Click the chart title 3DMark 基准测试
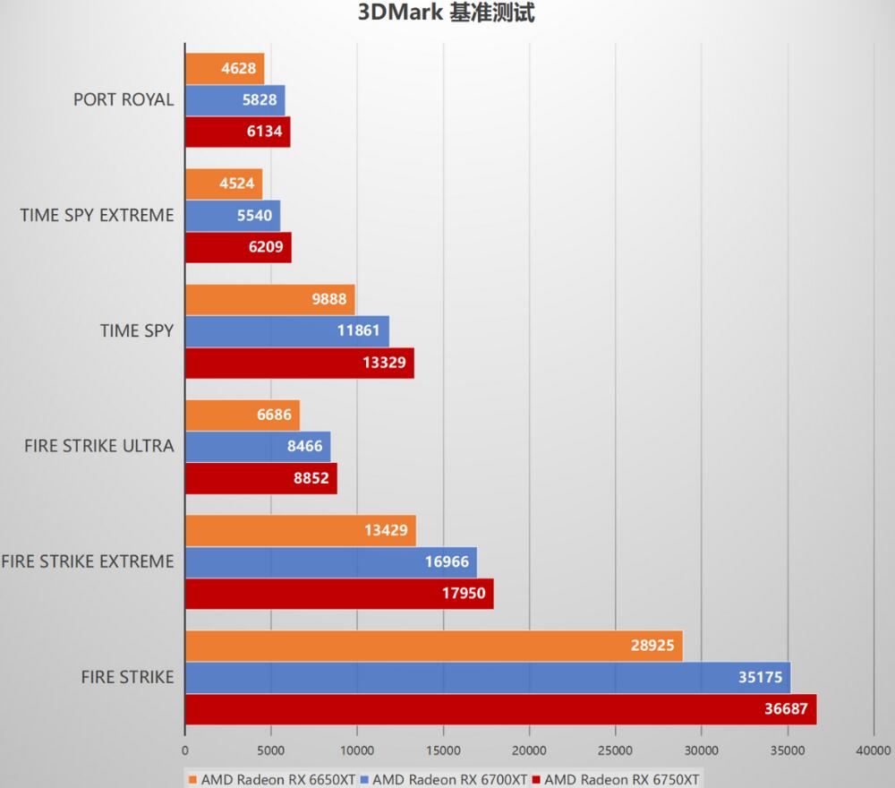pos(447,13)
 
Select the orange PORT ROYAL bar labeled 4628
pos(224,68)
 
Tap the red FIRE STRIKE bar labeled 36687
pos(500,708)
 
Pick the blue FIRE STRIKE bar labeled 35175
pos(487,678)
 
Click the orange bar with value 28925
pos(433,646)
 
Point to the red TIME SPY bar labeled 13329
pos(299,362)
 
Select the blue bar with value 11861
pos(286,331)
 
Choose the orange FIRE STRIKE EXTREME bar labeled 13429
pos(300,530)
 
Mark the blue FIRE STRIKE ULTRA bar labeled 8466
pos(257,447)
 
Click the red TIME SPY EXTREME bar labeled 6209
pos(238,247)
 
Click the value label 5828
pos(260,100)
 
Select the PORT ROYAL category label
pos(124,99)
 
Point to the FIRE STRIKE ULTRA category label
pos(99,446)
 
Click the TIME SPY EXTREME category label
pos(97,215)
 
